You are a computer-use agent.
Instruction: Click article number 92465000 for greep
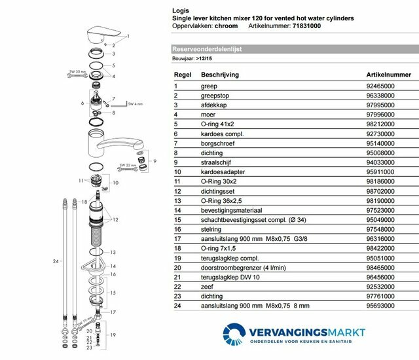click(x=381, y=86)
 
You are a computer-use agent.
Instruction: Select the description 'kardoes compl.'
click(x=221, y=133)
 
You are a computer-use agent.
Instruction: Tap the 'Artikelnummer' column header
click(x=385, y=75)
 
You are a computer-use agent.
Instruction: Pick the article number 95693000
click(x=381, y=305)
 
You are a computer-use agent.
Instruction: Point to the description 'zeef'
click(x=208, y=286)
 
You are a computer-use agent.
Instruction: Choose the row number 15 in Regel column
click(x=177, y=220)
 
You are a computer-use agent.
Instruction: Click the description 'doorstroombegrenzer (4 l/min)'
click(x=242, y=267)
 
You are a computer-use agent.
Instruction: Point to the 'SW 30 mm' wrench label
click(x=77, y=71)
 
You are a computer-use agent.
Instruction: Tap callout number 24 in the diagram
click(x=56, y=262)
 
